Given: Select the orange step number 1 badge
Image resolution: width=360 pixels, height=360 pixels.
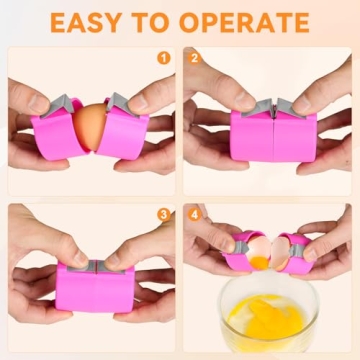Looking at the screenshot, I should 165,57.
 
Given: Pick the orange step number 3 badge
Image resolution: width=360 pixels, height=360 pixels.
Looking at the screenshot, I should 165,214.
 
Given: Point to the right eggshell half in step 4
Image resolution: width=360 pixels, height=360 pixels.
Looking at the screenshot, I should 287,243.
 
